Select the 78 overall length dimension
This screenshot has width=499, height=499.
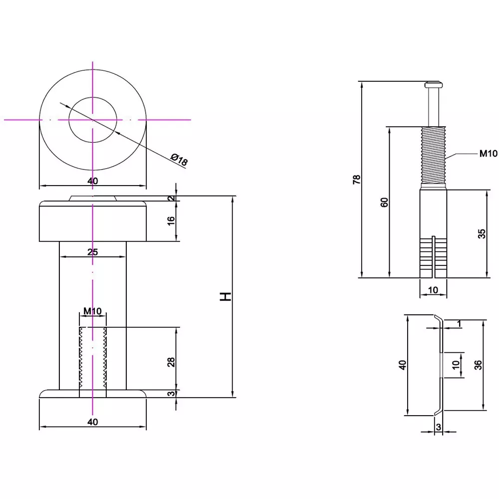tap(356, 180)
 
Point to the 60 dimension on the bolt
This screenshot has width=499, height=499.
tap(384, 202)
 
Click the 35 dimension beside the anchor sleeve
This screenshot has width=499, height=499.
tap(482, 234)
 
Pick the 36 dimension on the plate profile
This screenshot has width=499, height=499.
tap(478, 365)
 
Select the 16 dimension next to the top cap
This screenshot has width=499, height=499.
tap(171, 219)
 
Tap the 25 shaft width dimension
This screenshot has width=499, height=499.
tap(92, 252)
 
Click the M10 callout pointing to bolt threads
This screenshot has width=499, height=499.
tap(488, 154)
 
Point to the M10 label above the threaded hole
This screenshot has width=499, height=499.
tap(92, 311)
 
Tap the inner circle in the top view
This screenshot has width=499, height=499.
tap(93, 120)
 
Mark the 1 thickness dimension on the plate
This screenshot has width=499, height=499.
tap(459, 324)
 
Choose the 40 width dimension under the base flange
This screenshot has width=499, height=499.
tap(92, 422)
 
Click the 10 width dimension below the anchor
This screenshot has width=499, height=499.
tap(433, 289)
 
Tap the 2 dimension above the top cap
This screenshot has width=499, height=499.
tap(171, 199)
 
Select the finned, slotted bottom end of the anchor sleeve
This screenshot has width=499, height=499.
tap(433, 257)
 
